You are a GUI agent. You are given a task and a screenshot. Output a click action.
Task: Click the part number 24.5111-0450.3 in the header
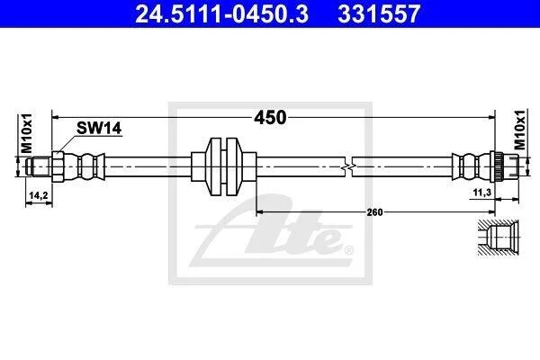tap(221, 14)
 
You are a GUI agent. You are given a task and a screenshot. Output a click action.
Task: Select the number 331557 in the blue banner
tap(379, 14)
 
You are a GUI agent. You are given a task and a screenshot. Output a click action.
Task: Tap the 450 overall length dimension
tap(270, 118)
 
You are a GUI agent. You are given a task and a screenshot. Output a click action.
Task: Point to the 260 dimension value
tap(374, 212)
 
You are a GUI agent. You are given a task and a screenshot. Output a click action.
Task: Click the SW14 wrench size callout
tap(99, 128)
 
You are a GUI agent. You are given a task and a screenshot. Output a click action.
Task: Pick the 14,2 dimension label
tap(39, 195)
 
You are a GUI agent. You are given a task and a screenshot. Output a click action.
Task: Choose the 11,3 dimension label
tap(482, 193)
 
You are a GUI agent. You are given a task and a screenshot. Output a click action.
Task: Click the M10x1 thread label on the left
tap(26, 133)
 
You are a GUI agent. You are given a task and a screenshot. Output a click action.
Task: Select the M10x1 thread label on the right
tap(520, 130)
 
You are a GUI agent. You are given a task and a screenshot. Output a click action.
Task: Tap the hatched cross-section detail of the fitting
tap(499, 238)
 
